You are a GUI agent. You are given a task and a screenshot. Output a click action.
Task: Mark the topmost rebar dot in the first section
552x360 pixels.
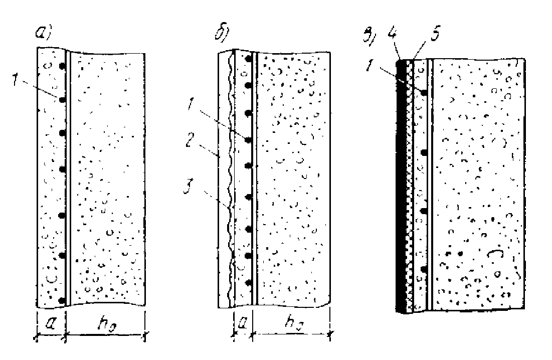(63, 66)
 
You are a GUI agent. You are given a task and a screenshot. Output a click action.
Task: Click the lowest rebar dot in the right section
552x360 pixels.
(424, 270)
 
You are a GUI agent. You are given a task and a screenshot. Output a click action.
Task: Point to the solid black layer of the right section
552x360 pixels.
(402, 186)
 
